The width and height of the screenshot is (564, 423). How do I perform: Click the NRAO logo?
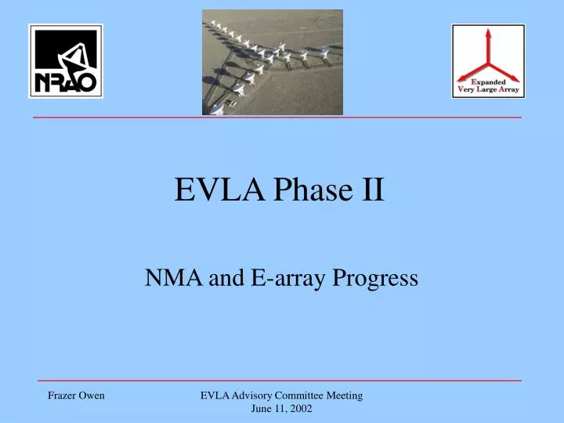coord(66,61)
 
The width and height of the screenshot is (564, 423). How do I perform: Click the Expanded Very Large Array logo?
coord(488,61)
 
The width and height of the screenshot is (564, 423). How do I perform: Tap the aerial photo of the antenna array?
coord(272,62)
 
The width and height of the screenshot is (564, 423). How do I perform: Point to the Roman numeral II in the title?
coord(372,190)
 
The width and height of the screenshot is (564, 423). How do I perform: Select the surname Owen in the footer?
coord(92,396)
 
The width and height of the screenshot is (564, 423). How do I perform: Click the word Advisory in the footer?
coord(250,396)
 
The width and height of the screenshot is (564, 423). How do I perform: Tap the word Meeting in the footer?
coord(344,396)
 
